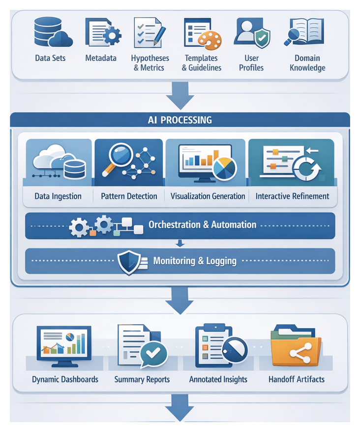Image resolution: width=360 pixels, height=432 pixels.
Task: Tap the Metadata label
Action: coord(101,58)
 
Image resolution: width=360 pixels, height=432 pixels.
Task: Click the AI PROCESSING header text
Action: coord(180,120)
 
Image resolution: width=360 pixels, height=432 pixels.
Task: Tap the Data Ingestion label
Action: coord(58,196)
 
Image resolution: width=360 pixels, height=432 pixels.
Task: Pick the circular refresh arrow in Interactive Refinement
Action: coord(306,170)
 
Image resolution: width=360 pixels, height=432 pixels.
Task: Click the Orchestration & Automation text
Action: coord(202,225)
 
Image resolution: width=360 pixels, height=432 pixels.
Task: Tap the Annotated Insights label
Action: coord(218,379)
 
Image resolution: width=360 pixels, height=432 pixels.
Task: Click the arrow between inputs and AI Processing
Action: coord(180,96)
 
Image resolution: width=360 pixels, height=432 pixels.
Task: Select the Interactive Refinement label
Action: coord(292,196)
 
